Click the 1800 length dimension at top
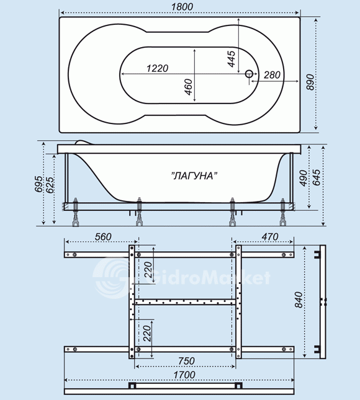point(182,7)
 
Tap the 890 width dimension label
point(310,82)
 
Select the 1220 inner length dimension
point(158,68)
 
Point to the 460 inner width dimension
point(188,87)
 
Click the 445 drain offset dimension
point(232,59)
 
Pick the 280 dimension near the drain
point(272,75)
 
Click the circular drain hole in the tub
point(249,74)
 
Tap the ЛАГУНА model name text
point(194,176)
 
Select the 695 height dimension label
point(38,184)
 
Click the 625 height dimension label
point(50,184)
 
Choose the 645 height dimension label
point(316,177)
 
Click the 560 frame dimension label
point(103,237)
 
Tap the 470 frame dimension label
point(269,237)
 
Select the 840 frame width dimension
point(299,300)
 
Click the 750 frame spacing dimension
point(186,361)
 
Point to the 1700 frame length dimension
point(184,375)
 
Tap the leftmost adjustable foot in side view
point(76,212)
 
